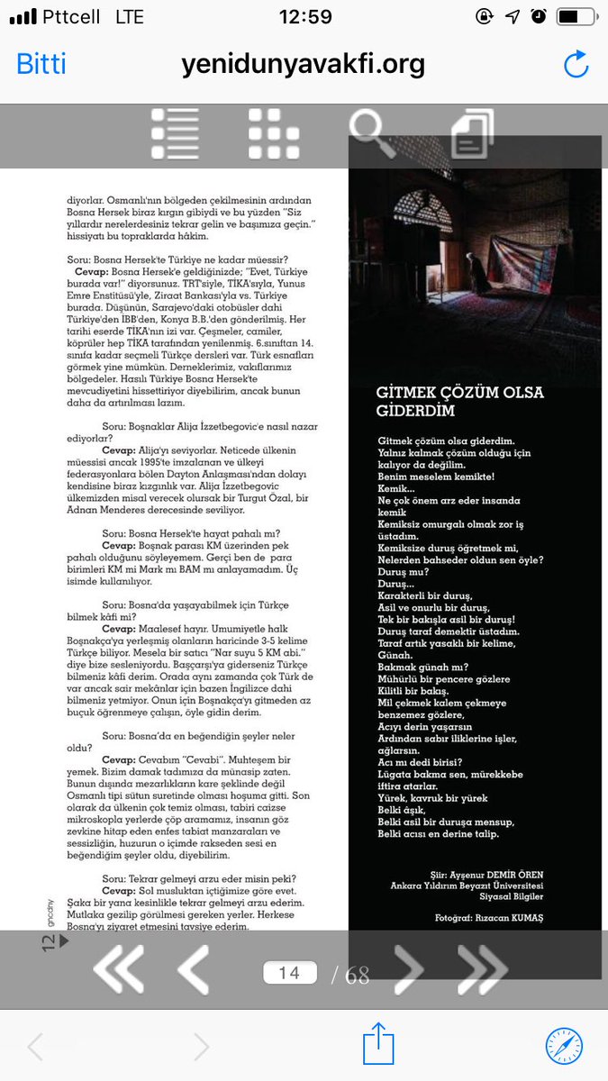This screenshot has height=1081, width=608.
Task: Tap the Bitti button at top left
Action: [x=41, y=65]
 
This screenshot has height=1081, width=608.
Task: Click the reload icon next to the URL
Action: [x=575, y=64]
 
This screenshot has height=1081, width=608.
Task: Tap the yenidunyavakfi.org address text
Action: [x=303, y=65]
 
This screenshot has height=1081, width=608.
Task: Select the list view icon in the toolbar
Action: [x=175, y=133]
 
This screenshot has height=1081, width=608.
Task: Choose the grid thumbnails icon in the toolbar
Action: [x=274, y=133]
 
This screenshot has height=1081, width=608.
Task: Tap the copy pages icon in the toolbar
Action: [x=472, y=134]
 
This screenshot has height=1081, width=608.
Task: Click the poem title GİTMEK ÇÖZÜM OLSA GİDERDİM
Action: [x=459, y=401]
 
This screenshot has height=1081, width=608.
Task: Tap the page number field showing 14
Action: [x=289, y=973]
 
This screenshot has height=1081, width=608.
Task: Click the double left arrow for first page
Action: [x=118, y=971]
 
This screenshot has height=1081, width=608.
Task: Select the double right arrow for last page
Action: [x=482, y=971]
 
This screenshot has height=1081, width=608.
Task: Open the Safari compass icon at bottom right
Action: [x=564, y=1046]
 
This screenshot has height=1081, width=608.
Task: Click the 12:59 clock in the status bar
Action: [x=304, y=17]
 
